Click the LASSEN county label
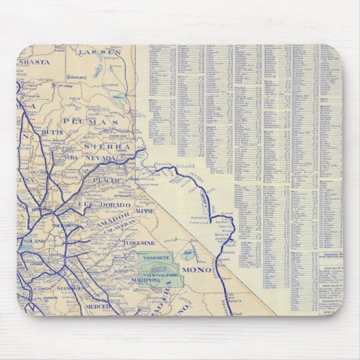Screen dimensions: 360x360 pyautogui.click(x=99, y=52)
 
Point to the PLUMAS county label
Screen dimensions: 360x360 pyautogui.click(x=101, y=120)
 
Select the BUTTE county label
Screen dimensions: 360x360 pyautogui.click(x=52, y=134)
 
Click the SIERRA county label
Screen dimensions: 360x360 pyautogui.click(x=106, y=146)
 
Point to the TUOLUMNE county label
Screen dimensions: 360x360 pyautogui.click(x=140, y=242)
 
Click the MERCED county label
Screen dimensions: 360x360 pyautogui.click(x=98, y=306)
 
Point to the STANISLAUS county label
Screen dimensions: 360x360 pyautogui.click(x=70, y=288)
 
